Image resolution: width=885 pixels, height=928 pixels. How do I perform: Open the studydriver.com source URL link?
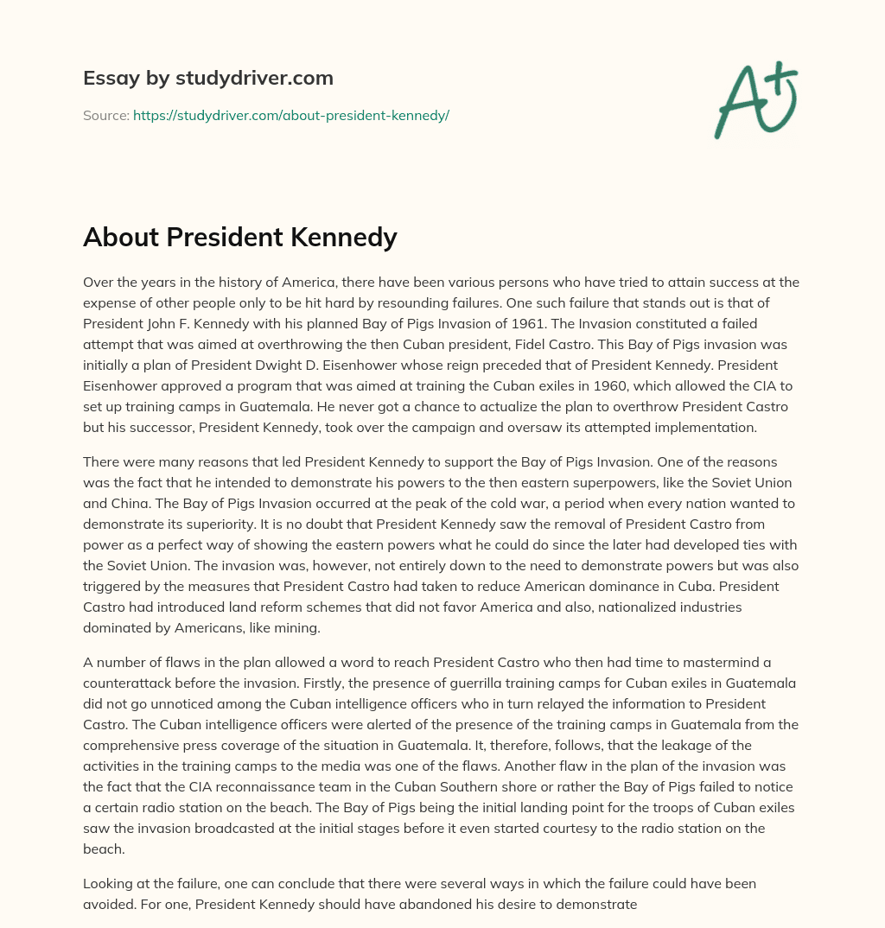(290, 115)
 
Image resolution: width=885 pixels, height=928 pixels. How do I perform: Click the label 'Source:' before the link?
(105, 115)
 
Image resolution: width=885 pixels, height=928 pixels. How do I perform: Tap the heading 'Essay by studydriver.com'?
(208, 78)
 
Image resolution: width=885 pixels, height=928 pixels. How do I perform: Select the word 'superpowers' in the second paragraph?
(614, 482)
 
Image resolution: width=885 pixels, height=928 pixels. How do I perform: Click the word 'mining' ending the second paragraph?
(297, 627)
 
